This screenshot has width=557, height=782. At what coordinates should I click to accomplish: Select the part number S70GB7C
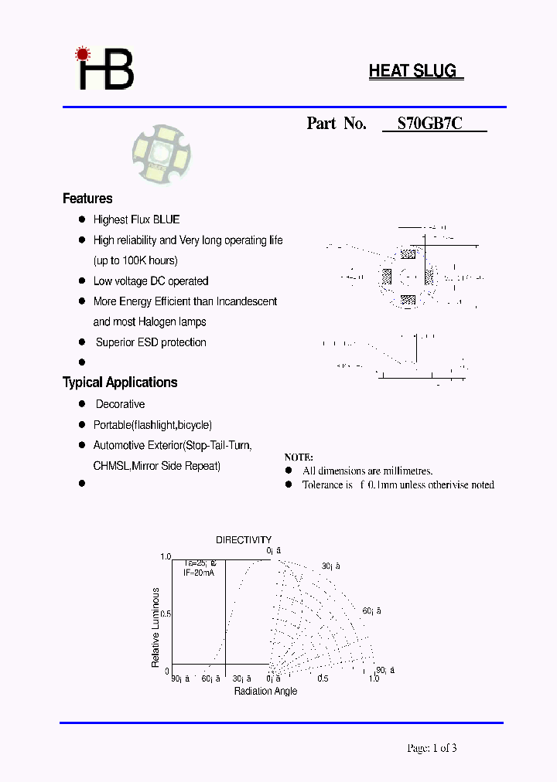[x=430, y=123]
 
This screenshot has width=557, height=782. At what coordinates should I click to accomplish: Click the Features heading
[x=87, y=199]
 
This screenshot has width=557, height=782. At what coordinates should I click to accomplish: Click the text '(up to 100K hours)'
[x=135, y=260]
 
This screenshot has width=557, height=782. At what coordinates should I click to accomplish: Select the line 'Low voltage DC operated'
[x=151, y=281]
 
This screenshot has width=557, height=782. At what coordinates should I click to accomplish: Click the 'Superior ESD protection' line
[x=151, y=342]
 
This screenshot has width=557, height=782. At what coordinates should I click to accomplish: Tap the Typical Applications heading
[x=120, y=382]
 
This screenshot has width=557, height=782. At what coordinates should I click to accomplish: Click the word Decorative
[x=120, y=404]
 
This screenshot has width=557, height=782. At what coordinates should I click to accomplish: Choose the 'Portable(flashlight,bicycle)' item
[x=152, y=425]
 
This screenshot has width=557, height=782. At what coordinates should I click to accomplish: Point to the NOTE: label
[x=299, y=457]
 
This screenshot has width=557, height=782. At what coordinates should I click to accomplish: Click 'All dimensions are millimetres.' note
[x=367, y=471]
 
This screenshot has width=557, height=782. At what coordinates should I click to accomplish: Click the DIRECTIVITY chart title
[x=244, y=540]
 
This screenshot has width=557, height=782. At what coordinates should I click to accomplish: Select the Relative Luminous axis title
[x=155, y=627]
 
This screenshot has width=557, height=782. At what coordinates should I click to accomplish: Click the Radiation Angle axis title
[x=265, y=691]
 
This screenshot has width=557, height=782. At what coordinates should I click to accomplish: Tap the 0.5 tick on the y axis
[x=166, y=614]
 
